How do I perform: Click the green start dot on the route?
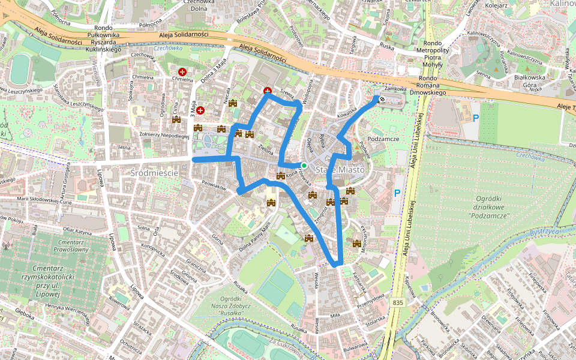pyautogui.click(x=304, y=166)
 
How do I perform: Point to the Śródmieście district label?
pyautogui.click(x=154, y=172)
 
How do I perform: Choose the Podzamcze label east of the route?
pyautogui.click(x=383, y=139)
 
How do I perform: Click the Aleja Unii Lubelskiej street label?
pyautogui.click(x=413, y=174)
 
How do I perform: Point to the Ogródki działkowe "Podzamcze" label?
pyautogui.click(x=490, y=207)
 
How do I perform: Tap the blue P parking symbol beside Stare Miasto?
pyautogui.click(x=397, y=193)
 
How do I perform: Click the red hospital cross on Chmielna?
pyautogui.click(x=191, y=72)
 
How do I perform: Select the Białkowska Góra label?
pyautogui.click(x=530, y=82)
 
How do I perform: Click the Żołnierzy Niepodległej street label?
pyautogui.click(x=164, y=136)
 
